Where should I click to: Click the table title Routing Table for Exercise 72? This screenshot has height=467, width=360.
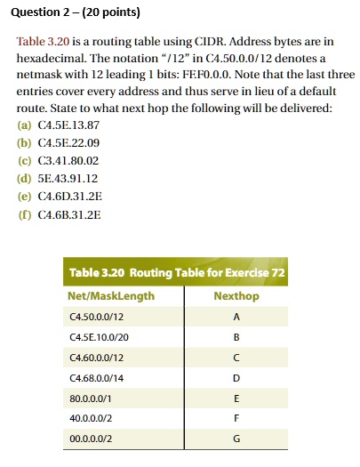(x=178, y=271)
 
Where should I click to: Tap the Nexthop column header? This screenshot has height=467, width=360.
(x=236, y=294)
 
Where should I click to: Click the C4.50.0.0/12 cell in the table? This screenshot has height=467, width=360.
(x=99, y=317)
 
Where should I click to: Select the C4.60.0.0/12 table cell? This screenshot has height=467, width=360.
(x=99, y=359)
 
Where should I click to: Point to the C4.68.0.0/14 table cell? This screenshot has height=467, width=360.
(x=99, y=381)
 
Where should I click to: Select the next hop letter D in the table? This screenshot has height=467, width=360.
(x=236, y=381)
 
